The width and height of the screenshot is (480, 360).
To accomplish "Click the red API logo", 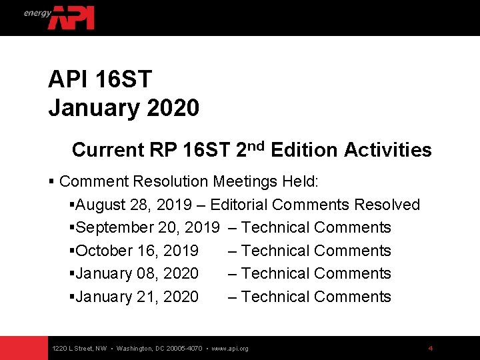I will [71, 17].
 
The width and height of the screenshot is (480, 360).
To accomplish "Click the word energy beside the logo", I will [37, 13].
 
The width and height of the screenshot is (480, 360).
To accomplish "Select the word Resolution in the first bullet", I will [170, 181].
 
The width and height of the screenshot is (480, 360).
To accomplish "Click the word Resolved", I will [387, 205].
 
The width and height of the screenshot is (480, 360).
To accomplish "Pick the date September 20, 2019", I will [148, 227].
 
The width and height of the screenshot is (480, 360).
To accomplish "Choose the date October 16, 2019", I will [137, 251].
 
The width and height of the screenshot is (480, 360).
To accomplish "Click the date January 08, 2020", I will [137, 273].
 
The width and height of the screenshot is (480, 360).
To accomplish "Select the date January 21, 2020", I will [137, 297].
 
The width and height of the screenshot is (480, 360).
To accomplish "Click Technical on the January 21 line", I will [275, 297].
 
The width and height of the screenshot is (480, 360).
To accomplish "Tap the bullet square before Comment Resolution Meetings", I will [51, 181].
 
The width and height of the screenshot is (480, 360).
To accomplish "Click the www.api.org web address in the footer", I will [229, 349].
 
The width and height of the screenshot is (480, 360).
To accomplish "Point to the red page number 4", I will [431, 348].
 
